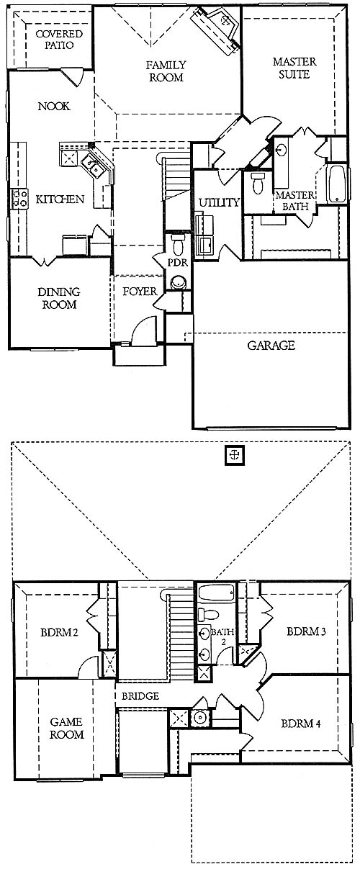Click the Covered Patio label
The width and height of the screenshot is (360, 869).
tap(59, 40)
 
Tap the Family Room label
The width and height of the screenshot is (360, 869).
tap(166, 71)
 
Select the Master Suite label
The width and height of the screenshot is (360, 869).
tap(294, 68)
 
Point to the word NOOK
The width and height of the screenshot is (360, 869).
tap(54, 107)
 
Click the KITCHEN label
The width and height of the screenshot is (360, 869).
tap(60, 199)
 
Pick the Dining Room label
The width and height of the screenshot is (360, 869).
tap(59, 298)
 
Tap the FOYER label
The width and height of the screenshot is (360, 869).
tap(140, 292)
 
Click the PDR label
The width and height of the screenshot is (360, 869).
tap(178, 262)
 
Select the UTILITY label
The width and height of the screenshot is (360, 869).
tap(219, 202)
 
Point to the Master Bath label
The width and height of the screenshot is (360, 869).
tap(295, 201)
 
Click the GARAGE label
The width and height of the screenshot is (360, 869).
tap(271, 346)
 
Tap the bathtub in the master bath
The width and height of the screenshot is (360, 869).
tap(337, 184)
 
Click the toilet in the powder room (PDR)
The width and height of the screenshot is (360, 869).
tap(179, 243)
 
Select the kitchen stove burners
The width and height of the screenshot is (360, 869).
tap(19, 198)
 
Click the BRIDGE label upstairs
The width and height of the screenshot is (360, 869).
tap(140, 696)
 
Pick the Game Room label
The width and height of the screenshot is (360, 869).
tap(67, 728)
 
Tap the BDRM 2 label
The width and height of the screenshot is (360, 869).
tap(59, 632)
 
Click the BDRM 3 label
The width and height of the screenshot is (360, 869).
tap(306, 631)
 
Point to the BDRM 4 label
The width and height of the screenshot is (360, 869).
tap(301, 724)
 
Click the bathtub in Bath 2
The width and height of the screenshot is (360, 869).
tap(217, 593)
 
